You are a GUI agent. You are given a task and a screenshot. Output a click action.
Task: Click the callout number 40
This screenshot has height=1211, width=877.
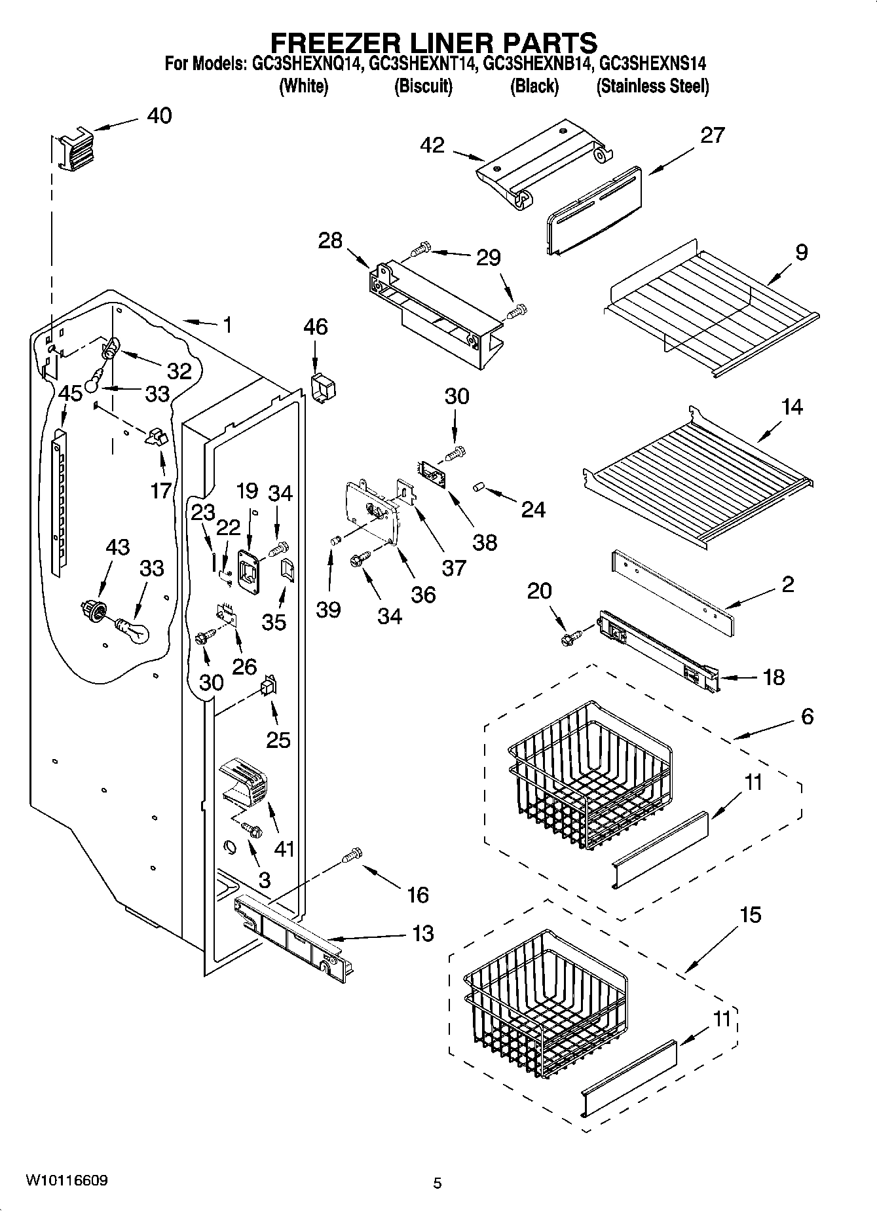pyautogui.click(x=159, y=116)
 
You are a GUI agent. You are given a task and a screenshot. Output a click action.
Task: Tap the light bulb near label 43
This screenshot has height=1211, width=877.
pyautogui.click(x=133, y=630)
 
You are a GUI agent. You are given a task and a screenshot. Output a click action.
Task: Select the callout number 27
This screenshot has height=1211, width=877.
pyautogui.click(x=712, y=136)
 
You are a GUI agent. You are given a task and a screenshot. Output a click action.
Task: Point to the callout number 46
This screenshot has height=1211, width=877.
pyautogui.click(x=316, y=327)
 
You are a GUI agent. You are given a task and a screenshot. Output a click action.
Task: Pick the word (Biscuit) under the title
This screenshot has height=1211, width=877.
pyautogui.click(x=423, y=86)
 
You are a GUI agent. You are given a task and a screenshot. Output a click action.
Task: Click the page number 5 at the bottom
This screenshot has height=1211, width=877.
pyautogui.click(x=438, y=1183)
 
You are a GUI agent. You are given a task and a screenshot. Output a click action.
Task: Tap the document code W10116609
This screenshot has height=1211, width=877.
pyautogui.click(x=67, y=1180)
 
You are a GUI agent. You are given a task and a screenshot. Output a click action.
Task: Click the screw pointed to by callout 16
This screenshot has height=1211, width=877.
pyautogui.click(x=353, y=854)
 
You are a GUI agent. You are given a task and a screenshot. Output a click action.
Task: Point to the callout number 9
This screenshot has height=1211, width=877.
pyautogui.click(x=801, y=253)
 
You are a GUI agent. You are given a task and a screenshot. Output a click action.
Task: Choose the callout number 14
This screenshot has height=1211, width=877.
pyautogui.click(x=791, y=407)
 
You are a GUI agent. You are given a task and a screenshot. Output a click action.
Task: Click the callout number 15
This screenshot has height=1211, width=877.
pyautogui.click(x=751, y=914)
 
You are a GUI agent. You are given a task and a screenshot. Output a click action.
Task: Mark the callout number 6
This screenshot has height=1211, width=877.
pyautogui.click(x=807, y=717)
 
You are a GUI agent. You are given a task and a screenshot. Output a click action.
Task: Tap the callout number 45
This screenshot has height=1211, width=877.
pyautogui.click(x=70, y=394)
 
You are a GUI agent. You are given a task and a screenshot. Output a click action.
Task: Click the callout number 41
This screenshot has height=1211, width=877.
pyautogui.click(x=284, y=849)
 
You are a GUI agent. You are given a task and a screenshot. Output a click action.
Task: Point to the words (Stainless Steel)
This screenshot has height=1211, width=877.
pyautogui.click(x=652, y=86)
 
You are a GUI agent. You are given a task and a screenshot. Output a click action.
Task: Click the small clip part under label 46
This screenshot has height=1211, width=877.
pyautogui.click(x=323, y=389)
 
